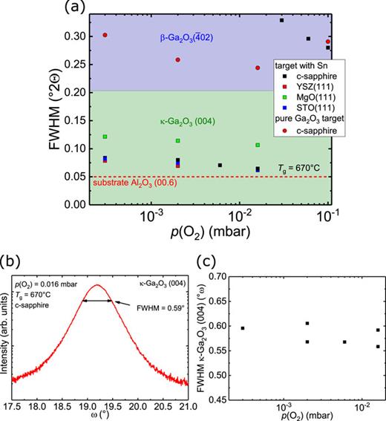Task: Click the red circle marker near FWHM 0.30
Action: point(105,35)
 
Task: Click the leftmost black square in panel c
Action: point(243,327)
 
